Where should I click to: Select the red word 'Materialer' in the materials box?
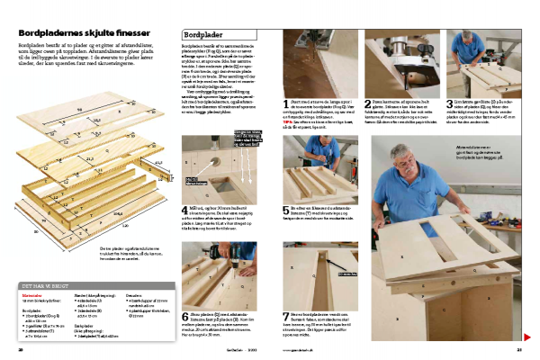pos(32,294)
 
